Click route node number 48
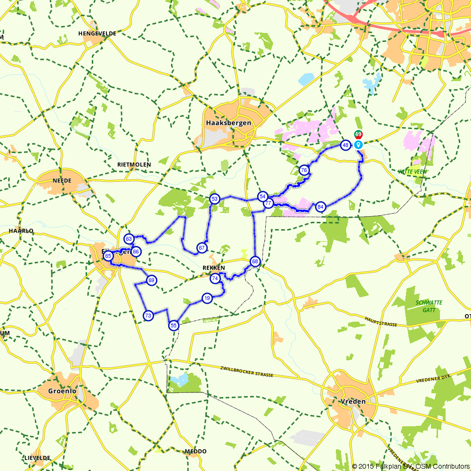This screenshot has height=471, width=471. click(345, 145)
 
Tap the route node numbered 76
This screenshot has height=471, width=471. click(304, 170)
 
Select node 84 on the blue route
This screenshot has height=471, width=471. click(320, 207)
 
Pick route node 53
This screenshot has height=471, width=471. click(214, 199)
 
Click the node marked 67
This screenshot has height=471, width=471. click(202, 248)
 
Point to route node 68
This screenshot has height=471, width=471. click(255, 261)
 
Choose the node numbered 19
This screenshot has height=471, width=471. click(206, 298)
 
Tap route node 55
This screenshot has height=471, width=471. click(173, 325)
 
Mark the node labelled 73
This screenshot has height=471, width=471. click(148, 316)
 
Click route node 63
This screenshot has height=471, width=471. click(129, 239)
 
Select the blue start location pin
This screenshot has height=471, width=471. click(358, 145)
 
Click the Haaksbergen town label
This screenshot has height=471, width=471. click(228, 123)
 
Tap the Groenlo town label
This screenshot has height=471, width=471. click(62, 391)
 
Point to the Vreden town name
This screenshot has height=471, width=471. click(352, 401)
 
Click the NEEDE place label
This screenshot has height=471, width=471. click(62, 180)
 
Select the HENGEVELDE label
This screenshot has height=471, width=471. click(97, 34)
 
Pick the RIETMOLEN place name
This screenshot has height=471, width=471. click(134, 164)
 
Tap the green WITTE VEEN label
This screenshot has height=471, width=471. click(412, 172)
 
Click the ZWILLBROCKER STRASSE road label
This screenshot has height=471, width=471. click(247, 371)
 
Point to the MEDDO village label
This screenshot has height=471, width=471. click(195, 451)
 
